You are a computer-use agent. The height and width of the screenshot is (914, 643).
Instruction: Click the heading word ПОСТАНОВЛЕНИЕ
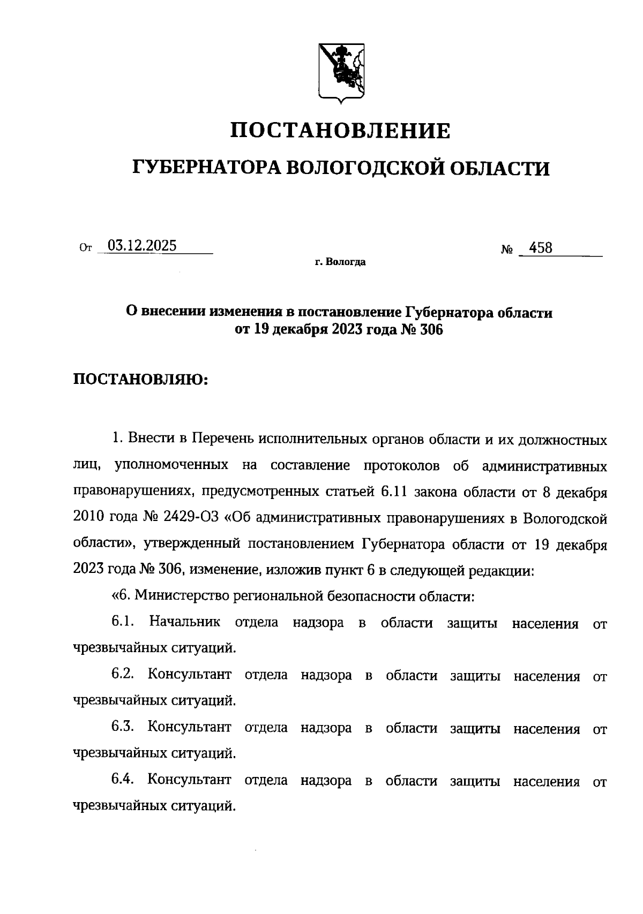[340, 130]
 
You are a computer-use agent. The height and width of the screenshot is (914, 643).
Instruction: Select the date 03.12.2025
[142, 246]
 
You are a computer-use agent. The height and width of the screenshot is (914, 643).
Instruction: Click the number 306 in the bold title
[429, 330]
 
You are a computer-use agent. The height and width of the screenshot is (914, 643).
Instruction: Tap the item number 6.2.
[122, 675]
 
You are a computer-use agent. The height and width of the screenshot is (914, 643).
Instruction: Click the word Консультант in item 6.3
[190, 728]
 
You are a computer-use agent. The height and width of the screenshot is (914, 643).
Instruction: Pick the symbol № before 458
[507, 250]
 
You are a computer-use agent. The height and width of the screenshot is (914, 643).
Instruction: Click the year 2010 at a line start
[89, 518]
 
